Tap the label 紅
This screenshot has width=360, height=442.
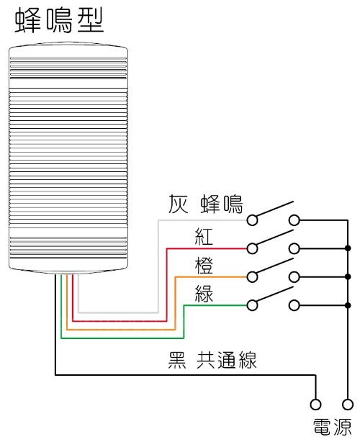pyautogui.click(x=204, y=235)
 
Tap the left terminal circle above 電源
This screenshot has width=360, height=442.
pyautogui.click(x=315, y=404)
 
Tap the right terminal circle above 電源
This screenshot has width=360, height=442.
pyautogui.click(x=348, y=404)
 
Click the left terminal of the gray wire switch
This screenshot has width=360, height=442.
pyautogui.click(x=252, y=220)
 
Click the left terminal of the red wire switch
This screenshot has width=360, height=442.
pyautogui.click(x=252, y=248)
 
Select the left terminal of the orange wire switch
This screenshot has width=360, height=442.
pyautogui.click(x=252, y=276)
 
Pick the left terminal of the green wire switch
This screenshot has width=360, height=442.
pyautogui.click(x=252, y=305)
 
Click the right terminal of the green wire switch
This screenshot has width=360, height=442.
pyautogui.click(x=294, y=305)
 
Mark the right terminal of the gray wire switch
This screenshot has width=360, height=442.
pyautogui.click(x=294, y=220)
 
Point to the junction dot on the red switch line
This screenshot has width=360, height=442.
pyautogui.click(x=348, y=248)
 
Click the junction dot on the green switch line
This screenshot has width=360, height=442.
pyautogui.click(x=348, y=305)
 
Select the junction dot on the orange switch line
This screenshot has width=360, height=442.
pyautogui.click(x=348, y=276)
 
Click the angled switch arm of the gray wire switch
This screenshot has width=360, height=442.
pyautogui.click(x=274, y=209)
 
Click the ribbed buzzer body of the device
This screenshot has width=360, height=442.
pyautogui.click(x=68, y=158)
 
